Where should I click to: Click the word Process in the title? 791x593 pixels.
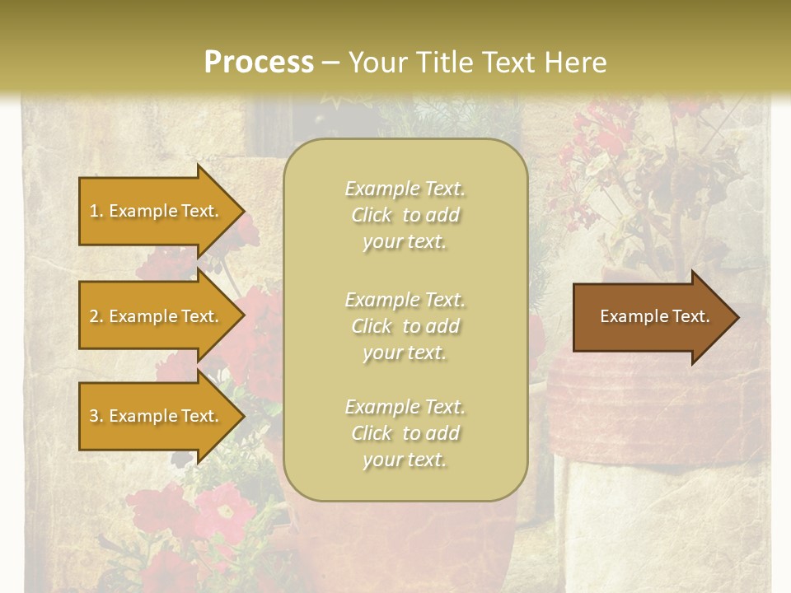(259, 63)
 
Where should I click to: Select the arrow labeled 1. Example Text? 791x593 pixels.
(157, 211)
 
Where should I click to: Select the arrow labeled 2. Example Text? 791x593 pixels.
(157, 316)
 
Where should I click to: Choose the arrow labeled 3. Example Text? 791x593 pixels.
(157, 416)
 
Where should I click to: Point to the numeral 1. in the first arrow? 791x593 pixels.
(96, 211)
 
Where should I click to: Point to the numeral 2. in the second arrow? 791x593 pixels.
(96, 316)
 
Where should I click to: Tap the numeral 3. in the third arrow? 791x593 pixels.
(96, 416)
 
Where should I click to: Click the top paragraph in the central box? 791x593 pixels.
(405, 215)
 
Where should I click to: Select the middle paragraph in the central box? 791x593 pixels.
(405, 326)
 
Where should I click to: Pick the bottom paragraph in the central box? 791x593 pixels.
(405, 433)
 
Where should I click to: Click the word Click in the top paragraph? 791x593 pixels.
(372, 215)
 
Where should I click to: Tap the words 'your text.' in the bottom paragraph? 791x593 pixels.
(405, 460)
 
